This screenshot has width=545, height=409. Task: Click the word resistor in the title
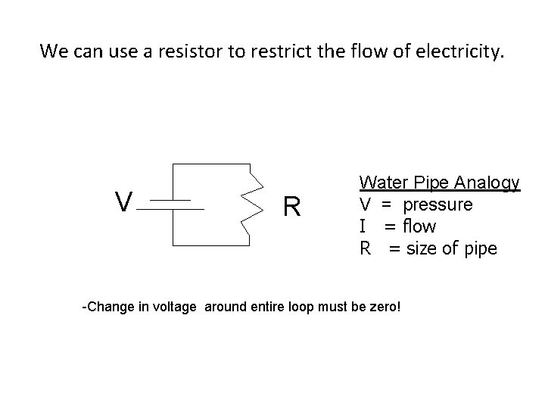(x=168, y=52)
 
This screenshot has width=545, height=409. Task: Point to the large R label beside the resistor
(x=292, y=206)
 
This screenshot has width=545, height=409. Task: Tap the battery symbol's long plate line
(x=177, y=208)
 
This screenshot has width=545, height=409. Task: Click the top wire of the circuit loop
(x=212, y=164)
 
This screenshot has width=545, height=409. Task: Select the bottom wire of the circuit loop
(x=212, y=245)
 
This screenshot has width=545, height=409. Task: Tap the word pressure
(x=438, y=205)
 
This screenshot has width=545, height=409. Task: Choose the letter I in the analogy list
(x=363, y=226)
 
